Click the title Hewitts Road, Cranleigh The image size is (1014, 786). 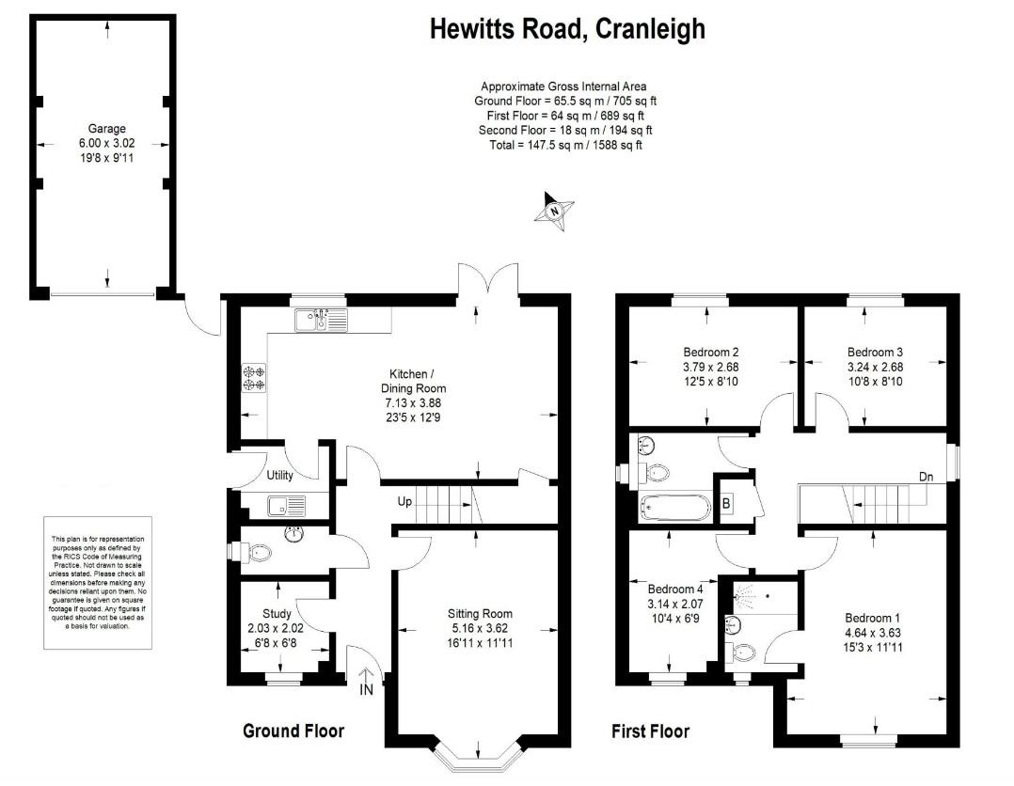tap(567, 29)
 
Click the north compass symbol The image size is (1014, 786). tap(554, 210)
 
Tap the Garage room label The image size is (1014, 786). tap(106, 129)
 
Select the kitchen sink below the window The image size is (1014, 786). tap(320, 322)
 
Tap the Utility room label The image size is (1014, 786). tap(279, 476)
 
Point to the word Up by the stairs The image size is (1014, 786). tap(405, 502)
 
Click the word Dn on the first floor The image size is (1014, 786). tap(927, 477)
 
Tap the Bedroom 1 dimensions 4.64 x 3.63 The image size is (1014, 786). tap(874, 632)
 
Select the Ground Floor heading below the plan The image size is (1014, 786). tap(293, 731)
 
